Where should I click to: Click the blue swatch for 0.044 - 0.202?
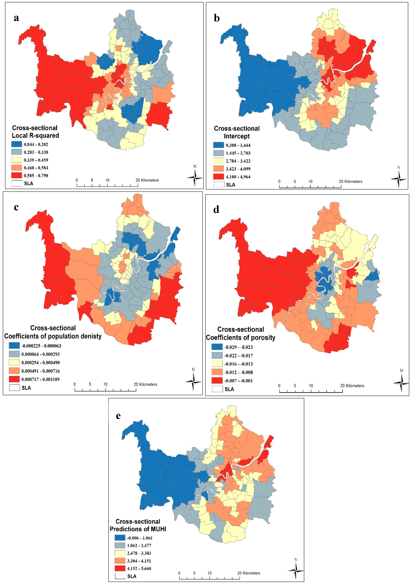click(17, 144)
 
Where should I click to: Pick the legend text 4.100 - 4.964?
click(238, 177)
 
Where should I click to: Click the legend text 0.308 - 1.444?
click(238, 145)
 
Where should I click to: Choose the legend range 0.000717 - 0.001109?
click(40, 379)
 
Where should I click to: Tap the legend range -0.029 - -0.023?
click(239, 347)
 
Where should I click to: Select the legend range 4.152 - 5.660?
click(139, 569)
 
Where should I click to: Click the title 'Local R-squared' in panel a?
click(35, 136)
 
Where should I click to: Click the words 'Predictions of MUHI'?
click(138, 529)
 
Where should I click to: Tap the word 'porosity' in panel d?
click(263, 338)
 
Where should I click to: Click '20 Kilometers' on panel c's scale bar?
click(145, 384)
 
